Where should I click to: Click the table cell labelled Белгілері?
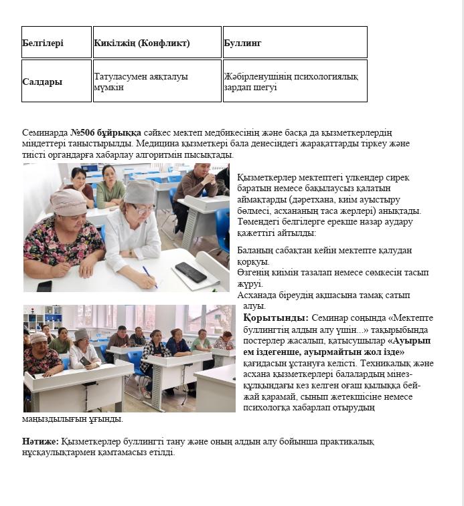56,43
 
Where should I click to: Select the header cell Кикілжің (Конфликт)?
157,43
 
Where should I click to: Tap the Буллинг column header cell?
295,43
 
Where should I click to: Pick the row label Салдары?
56,82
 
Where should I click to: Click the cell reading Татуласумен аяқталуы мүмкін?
157,82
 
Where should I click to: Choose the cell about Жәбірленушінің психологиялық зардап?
295,82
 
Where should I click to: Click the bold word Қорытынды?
275,318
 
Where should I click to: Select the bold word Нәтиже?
40,442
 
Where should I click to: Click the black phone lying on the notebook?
190,271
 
